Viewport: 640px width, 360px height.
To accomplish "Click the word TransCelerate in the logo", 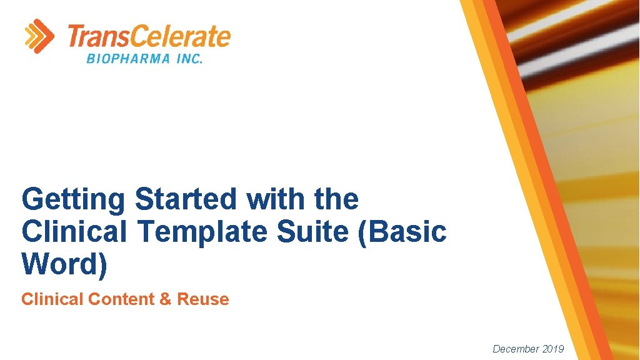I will pos(148,37).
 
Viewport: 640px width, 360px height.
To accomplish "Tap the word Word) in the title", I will pos(64,264).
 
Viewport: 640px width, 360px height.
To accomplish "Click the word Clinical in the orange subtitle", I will pos(52,299).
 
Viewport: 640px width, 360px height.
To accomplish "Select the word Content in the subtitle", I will pos(122,299).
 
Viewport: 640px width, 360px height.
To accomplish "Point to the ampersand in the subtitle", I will pos(166,299).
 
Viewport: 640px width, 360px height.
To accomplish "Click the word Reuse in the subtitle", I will pos(203,299).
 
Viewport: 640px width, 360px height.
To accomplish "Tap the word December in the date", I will pos(516,349).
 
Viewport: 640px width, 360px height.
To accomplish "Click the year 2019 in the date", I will pos(553,349).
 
